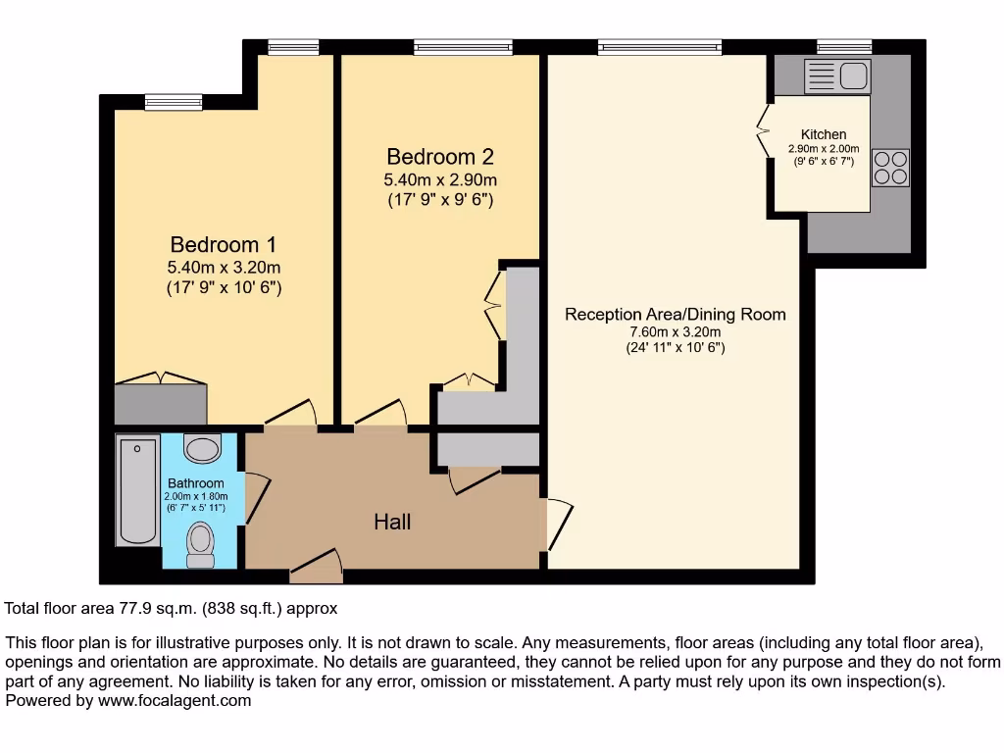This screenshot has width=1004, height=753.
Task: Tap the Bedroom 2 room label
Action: (439, 157)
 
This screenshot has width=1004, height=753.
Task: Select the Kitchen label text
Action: (823, 134)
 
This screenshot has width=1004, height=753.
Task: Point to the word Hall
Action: (392, 523)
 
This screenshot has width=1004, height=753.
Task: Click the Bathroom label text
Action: (195, 483)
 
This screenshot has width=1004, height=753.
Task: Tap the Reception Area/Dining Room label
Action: (675, 315)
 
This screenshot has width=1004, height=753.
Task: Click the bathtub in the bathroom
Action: (137, 491)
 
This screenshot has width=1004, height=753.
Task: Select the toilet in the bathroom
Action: (201, 544)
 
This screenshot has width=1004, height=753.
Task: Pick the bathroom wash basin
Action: (203, 449)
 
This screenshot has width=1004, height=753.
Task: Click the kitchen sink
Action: (837, 75)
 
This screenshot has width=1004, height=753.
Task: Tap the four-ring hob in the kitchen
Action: (890, 167)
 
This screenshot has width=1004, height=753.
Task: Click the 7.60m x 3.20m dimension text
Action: (676, 332)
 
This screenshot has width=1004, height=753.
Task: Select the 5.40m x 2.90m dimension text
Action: (439, 180)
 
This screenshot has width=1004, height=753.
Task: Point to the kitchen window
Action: (844, 45)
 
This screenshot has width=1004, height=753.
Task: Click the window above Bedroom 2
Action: (463, 45)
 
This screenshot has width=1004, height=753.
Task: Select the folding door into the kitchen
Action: (764, 130)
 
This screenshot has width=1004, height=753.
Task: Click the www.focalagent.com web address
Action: (173, 701)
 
